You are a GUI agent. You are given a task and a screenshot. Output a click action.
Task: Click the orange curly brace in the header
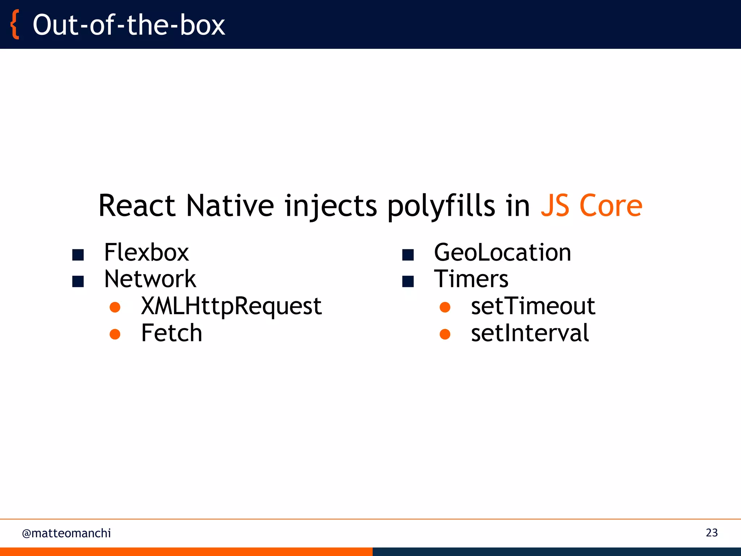15,25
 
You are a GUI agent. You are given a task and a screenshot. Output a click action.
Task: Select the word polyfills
441,206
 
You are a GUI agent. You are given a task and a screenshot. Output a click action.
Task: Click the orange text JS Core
591,206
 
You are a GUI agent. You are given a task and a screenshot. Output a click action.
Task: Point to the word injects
331,206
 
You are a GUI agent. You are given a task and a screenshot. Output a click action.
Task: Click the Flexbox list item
146,252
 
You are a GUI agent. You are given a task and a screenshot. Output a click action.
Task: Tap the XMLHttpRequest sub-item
231,306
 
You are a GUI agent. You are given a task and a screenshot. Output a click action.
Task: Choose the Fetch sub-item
172,333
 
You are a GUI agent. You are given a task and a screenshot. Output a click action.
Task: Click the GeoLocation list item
502,252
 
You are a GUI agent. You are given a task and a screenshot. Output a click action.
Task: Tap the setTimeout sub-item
533,306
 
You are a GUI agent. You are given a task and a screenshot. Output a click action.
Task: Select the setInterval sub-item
530,333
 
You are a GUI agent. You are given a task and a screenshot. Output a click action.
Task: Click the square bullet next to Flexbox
78,255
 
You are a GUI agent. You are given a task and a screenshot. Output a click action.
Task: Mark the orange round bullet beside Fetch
115,334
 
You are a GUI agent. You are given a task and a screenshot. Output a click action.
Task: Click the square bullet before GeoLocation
408,255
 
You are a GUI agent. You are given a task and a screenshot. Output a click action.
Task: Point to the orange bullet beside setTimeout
445,307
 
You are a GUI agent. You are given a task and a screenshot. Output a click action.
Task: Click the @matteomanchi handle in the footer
67,533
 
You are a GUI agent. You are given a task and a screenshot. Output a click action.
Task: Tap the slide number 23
711,532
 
